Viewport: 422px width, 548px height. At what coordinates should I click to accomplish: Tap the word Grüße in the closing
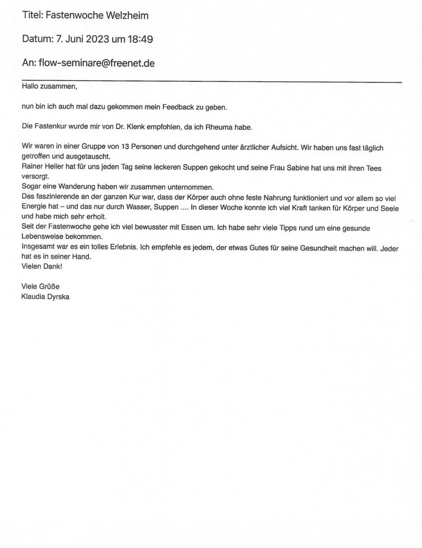52,286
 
